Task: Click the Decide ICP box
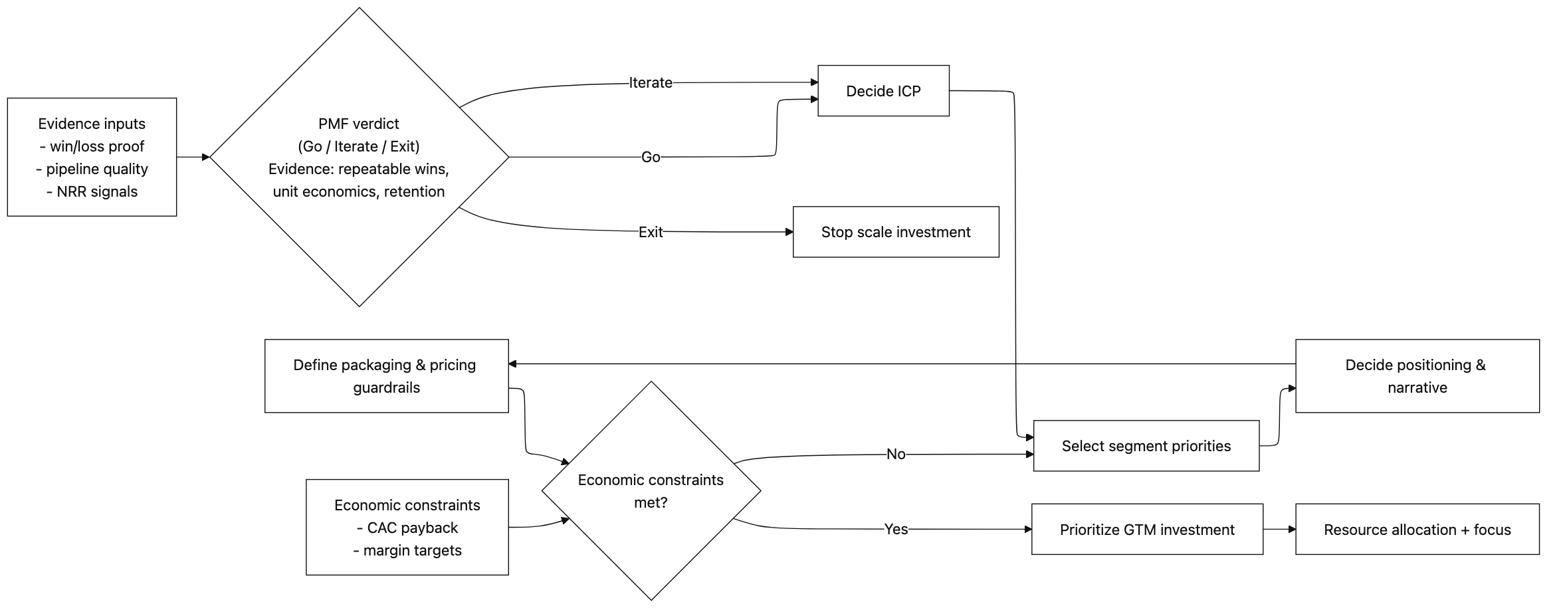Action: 883,91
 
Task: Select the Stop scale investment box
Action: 895,232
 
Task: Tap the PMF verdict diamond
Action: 359,157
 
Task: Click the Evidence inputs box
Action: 92,157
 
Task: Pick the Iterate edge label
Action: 650,83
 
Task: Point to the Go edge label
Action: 650,157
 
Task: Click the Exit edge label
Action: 650,232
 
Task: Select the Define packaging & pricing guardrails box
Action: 386,376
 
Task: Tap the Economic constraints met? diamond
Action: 651,491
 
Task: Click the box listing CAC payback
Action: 407,527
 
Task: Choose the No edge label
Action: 895,455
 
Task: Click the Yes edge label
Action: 895,530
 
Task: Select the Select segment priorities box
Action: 1146,446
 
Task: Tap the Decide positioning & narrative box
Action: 1416,376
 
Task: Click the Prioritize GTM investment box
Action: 1146,530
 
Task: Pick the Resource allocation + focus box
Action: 1416,530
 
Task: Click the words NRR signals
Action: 97,192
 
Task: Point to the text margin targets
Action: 412,550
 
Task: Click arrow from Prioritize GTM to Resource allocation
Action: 1279,530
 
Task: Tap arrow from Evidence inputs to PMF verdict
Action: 193,157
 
